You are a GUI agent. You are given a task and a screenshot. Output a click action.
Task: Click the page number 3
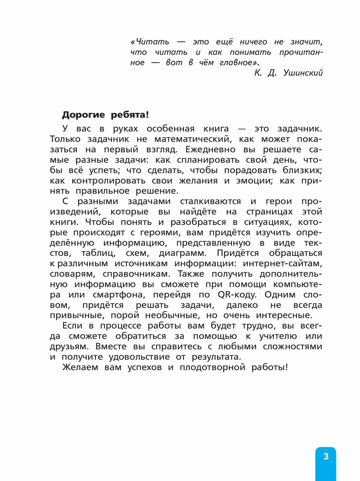click(326, 456)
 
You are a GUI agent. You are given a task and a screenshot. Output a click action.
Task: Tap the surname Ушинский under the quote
click(303, 73)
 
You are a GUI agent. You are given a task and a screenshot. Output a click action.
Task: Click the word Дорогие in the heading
click(83, 115)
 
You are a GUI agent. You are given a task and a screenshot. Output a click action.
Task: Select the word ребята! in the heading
click(130, 115)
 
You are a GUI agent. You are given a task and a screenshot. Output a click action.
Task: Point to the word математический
click(192, 139)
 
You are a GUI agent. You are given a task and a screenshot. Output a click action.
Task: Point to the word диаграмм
click(183, 253)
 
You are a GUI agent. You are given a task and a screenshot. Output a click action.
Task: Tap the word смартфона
click(119, 295)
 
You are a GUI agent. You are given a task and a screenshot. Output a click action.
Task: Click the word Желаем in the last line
click(80, 367)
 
